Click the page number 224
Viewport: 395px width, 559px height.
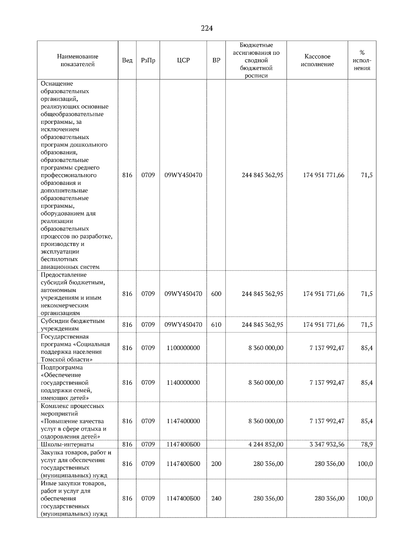207,29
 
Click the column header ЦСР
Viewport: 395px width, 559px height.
183,60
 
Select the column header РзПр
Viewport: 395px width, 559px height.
148,60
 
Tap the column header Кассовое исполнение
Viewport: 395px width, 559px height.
317,60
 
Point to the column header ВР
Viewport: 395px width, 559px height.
216,60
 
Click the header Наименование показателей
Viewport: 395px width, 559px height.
77,60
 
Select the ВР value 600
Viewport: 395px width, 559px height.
216,294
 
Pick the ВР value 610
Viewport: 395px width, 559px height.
216,325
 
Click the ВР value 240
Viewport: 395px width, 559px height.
216,498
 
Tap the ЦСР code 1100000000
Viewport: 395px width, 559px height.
183,348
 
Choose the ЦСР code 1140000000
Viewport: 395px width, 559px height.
183,383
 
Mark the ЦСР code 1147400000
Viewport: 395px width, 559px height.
183,421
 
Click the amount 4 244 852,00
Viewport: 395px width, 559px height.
266,444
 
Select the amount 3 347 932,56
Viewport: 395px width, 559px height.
327,444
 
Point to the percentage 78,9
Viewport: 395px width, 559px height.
367,444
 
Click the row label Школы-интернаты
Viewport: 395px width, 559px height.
67,444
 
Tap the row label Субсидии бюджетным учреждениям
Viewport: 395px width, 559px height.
72,325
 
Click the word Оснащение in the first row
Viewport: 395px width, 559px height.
57,84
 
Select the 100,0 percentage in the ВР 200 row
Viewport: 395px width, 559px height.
365,464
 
